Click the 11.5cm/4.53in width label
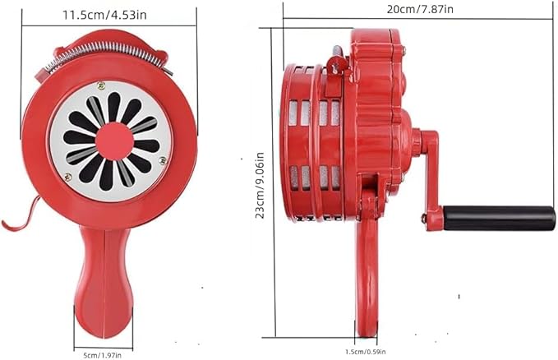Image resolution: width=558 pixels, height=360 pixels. click(104, 15)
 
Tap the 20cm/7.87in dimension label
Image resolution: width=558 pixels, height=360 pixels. click(420, 8)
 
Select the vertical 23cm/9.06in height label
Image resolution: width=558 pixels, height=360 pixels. click(261, 185)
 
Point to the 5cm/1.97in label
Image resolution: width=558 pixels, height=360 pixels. click(102, 355)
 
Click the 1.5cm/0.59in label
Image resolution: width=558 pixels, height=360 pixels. click(365, 352)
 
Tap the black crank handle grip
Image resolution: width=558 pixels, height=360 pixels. click(499, 218)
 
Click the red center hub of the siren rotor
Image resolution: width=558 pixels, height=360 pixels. click(114, 141)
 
